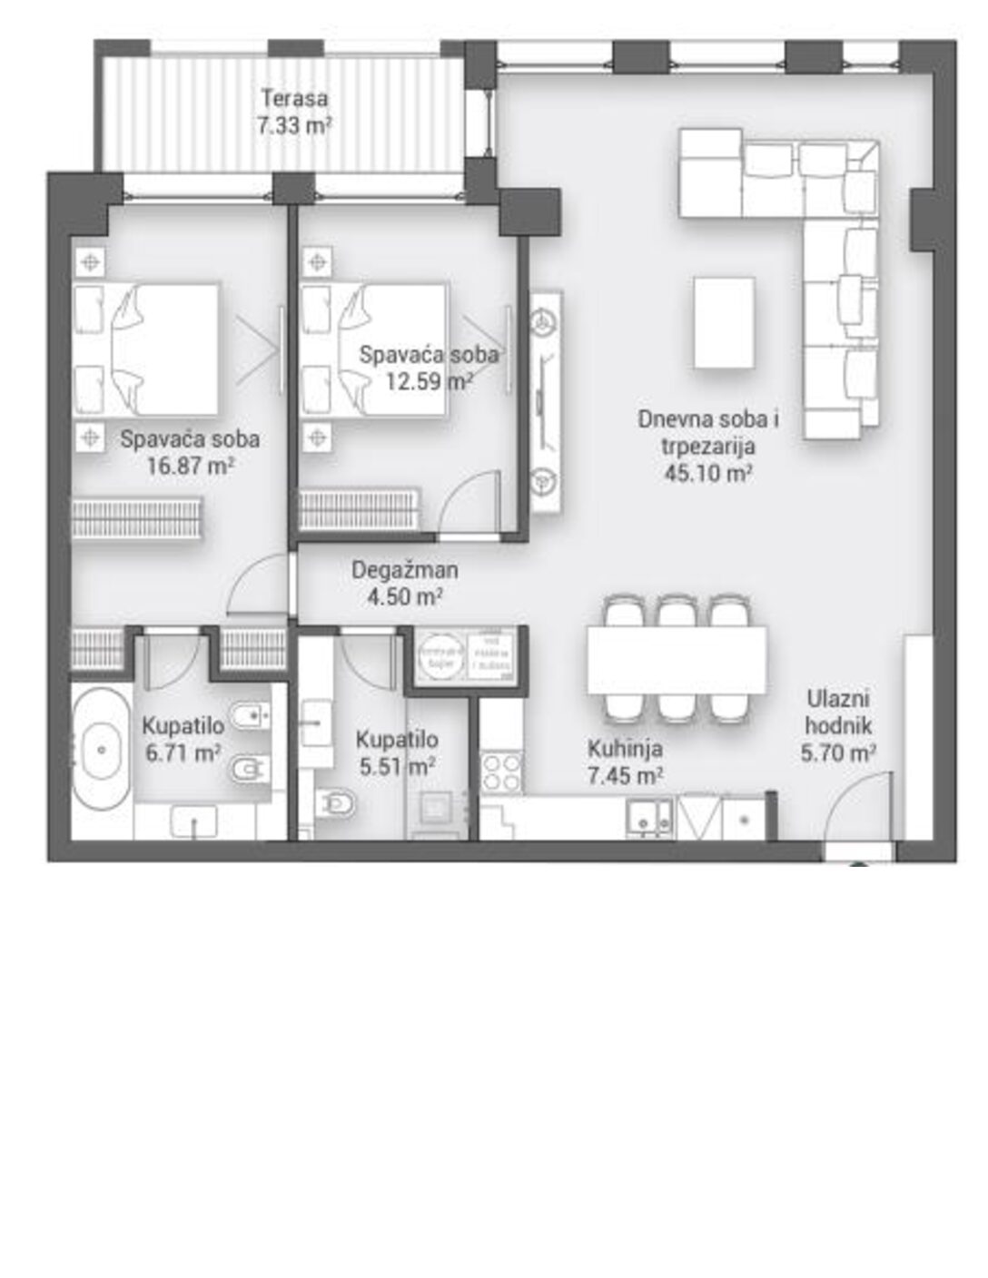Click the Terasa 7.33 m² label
pos(293,111)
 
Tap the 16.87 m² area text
pos(190,467)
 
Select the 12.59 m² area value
pos(427,381)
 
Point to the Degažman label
pos(405,570)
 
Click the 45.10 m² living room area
pos(708,473)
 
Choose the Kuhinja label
pos(625,749)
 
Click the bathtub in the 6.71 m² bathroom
pos(101,750)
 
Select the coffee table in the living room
pos(724,322)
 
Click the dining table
pos(677,659)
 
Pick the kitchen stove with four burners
pos(501,772)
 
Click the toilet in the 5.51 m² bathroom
pos(337,803)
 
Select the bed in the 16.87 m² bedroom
pos(163,349)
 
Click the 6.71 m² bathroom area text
pos(183,752)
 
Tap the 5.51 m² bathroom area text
pos(397,767)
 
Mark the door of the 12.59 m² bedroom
pos(469,504)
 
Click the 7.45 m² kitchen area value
pos(625,775)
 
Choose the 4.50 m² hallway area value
pos(405,596)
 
